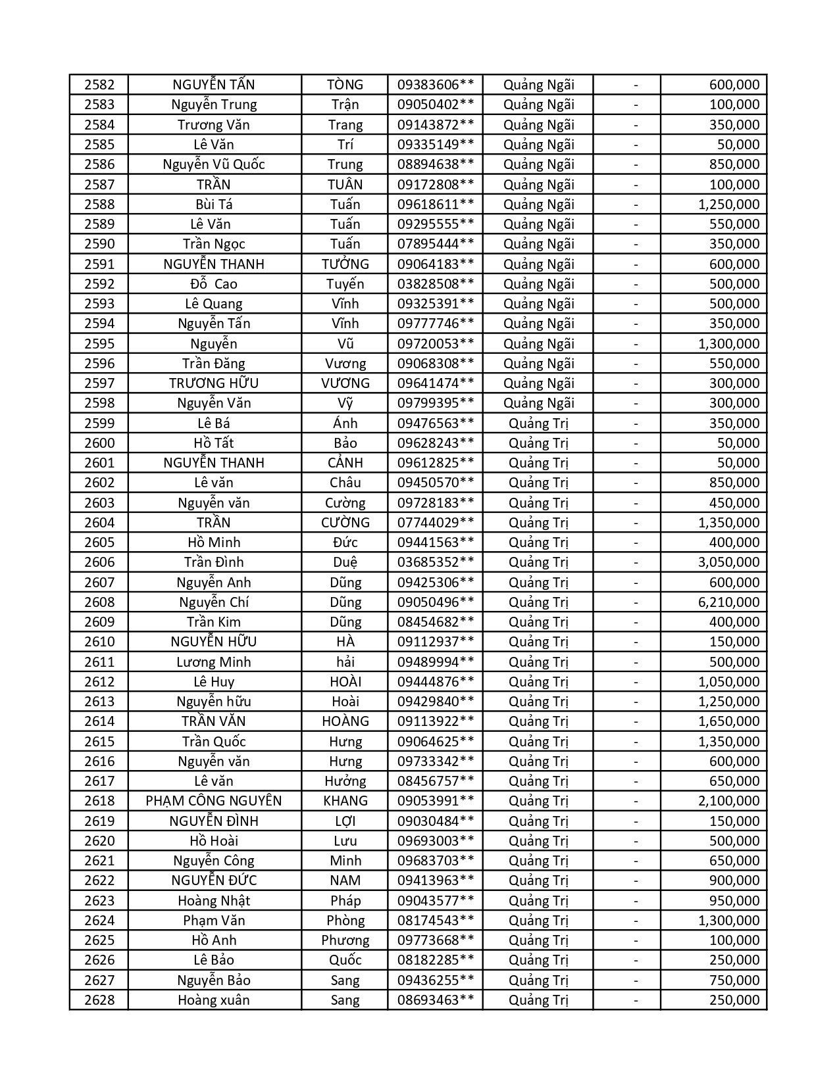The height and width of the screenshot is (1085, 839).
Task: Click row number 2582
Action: coord(99,85)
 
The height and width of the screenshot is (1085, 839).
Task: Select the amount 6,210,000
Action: coord(728,602)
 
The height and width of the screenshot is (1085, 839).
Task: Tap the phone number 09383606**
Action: coord(435,85)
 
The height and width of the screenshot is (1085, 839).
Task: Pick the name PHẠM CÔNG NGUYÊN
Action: coord(214,801)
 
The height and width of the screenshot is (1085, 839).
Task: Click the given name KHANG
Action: coord(345,801)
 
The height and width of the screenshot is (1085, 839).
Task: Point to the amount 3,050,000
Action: coord(728,562)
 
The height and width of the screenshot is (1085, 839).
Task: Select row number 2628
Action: coord(99,1000)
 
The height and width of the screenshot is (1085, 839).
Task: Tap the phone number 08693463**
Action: coord(435,1000)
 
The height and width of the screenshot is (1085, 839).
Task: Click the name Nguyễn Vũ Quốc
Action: coord(214,164)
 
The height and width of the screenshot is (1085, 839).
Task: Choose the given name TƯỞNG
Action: coord(345,264)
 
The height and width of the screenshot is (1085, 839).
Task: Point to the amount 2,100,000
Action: coord(728,801)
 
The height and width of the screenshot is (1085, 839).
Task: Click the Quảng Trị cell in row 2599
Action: coord(538,423)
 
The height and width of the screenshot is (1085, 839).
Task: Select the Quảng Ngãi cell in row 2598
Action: coord(538,403)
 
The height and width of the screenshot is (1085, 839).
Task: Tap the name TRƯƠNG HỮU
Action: coord(214,383)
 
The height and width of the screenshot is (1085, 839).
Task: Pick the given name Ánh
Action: coord(345,423)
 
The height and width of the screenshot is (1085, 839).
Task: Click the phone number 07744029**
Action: coord(435,523)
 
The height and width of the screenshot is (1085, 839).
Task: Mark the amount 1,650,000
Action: coord(728,721)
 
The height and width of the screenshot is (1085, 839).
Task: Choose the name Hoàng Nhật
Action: coord(214,901)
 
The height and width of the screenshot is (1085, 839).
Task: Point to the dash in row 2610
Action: coord(636,642)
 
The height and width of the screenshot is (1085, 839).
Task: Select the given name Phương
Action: coord(345,940)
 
